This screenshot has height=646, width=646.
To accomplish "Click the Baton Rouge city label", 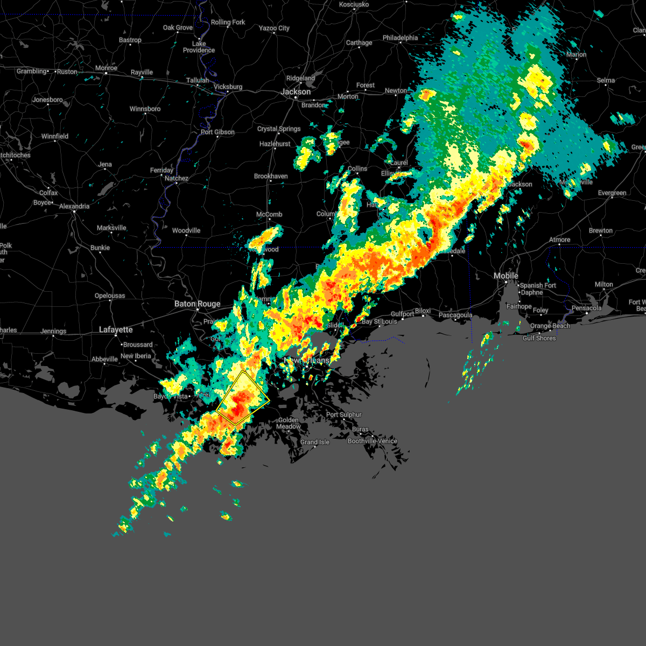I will point(197,304).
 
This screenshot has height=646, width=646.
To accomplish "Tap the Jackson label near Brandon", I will point(296,92).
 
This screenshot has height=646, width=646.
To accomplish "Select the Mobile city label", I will point(506,276).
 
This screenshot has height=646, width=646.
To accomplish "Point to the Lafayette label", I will point(116,329).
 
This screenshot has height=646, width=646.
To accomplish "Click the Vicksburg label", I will point(228,87).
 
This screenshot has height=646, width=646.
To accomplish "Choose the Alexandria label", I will point(74,206).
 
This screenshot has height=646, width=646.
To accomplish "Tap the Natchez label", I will point(177,179).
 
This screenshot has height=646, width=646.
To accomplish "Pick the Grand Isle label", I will point(315,443).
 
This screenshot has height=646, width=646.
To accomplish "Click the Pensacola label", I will point(587,308).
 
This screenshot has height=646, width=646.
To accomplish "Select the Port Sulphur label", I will point(344,415).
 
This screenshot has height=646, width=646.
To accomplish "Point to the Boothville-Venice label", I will point(373,441).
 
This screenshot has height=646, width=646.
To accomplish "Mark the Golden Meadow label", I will point(289,423).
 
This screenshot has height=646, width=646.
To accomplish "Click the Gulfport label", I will point(402,314).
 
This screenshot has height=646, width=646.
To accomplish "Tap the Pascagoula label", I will point(455,315).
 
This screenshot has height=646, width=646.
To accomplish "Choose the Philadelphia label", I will point(400,38).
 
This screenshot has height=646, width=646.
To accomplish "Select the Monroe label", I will point(106,68).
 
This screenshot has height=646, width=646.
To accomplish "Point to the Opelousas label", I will point(110,296).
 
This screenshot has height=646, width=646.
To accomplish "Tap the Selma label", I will point(606,81).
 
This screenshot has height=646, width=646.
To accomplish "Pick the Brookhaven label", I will point(271,177).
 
